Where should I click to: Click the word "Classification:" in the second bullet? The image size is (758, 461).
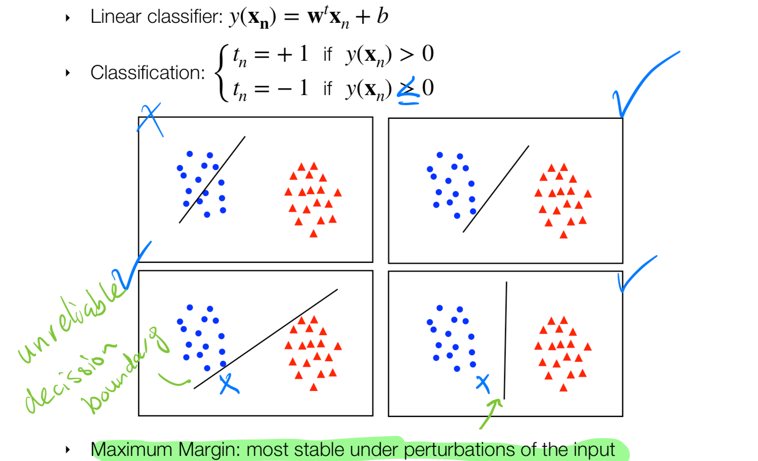click(147, 73)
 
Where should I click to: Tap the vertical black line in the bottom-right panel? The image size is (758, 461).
click(505, 341)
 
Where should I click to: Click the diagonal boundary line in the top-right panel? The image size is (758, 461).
click(496, 189)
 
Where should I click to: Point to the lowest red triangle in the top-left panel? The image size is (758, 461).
click(313, 234)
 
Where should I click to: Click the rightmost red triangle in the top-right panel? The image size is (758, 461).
click(588, 194)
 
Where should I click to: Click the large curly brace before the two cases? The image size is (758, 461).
click(222, 72)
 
